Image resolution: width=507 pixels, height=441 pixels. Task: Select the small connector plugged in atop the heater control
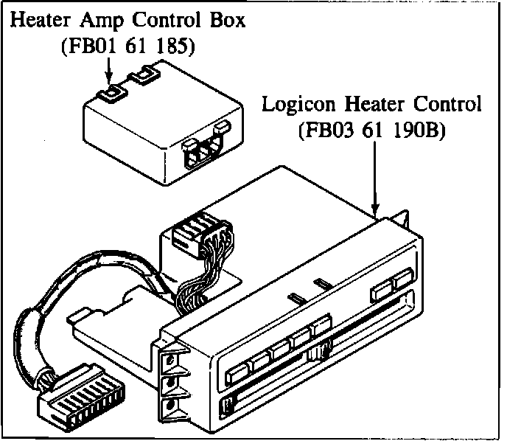[195, 235]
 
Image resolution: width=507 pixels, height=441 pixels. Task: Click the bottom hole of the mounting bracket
[169, 405]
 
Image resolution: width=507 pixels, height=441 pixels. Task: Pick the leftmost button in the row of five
[238, 368]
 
